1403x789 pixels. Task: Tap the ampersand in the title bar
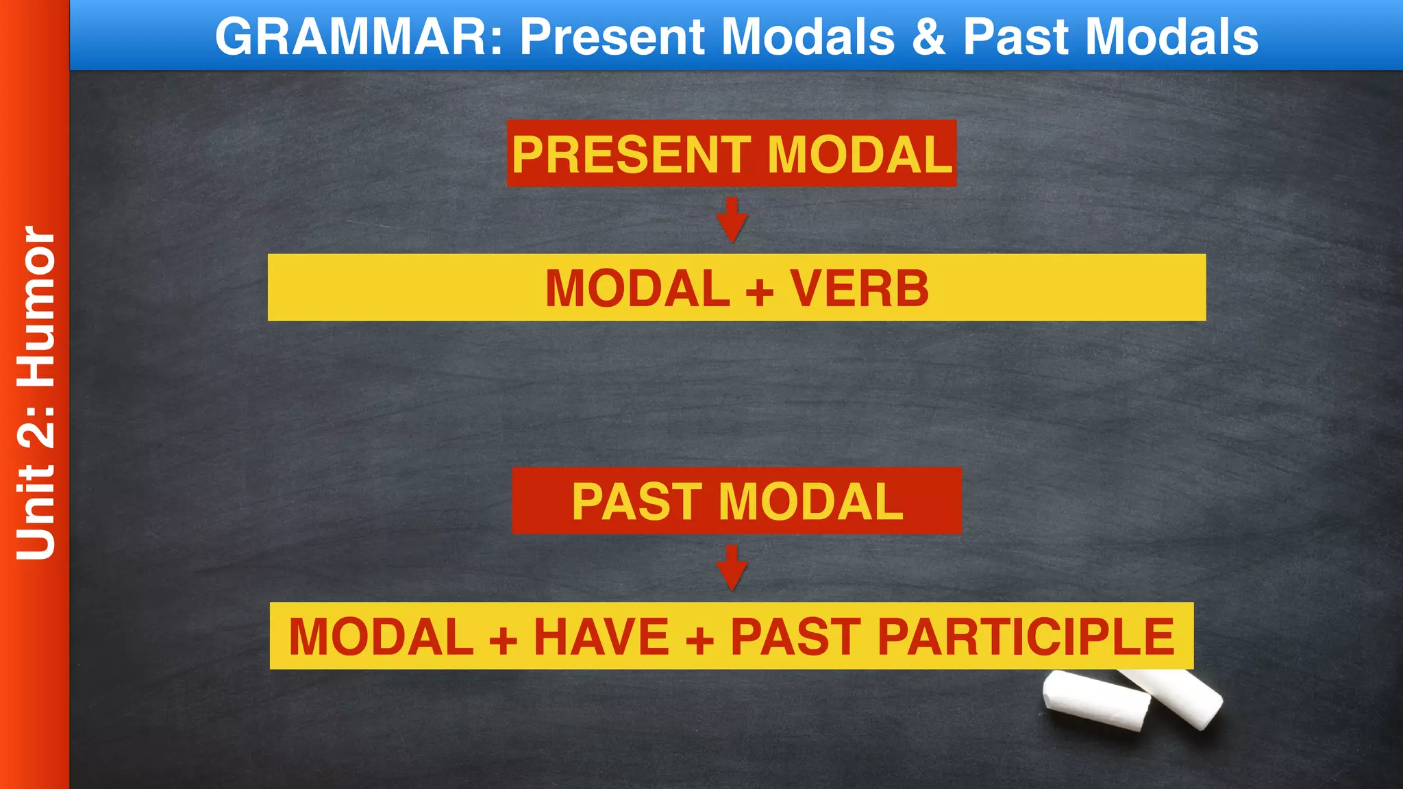[x=929, y=36]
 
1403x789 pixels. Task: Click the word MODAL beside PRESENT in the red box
[x=860, y=155]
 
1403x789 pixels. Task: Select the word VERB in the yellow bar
[x=860, y=288]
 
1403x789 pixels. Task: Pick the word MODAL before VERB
[x=637, y=288]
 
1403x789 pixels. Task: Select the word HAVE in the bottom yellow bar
[x=601, y=637]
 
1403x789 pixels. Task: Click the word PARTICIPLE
[x=1026, y=637]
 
